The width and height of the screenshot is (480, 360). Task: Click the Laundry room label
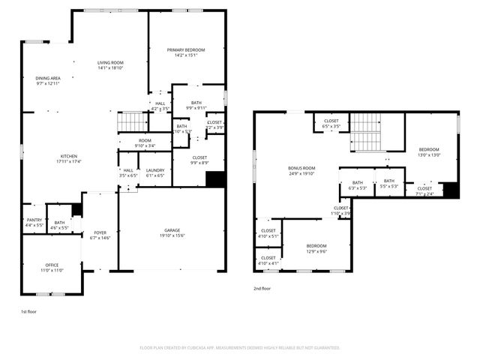click(155, 172)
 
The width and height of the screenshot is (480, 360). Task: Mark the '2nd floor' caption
click(262, 287)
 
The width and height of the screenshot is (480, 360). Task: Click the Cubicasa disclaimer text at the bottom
click(240, 348)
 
